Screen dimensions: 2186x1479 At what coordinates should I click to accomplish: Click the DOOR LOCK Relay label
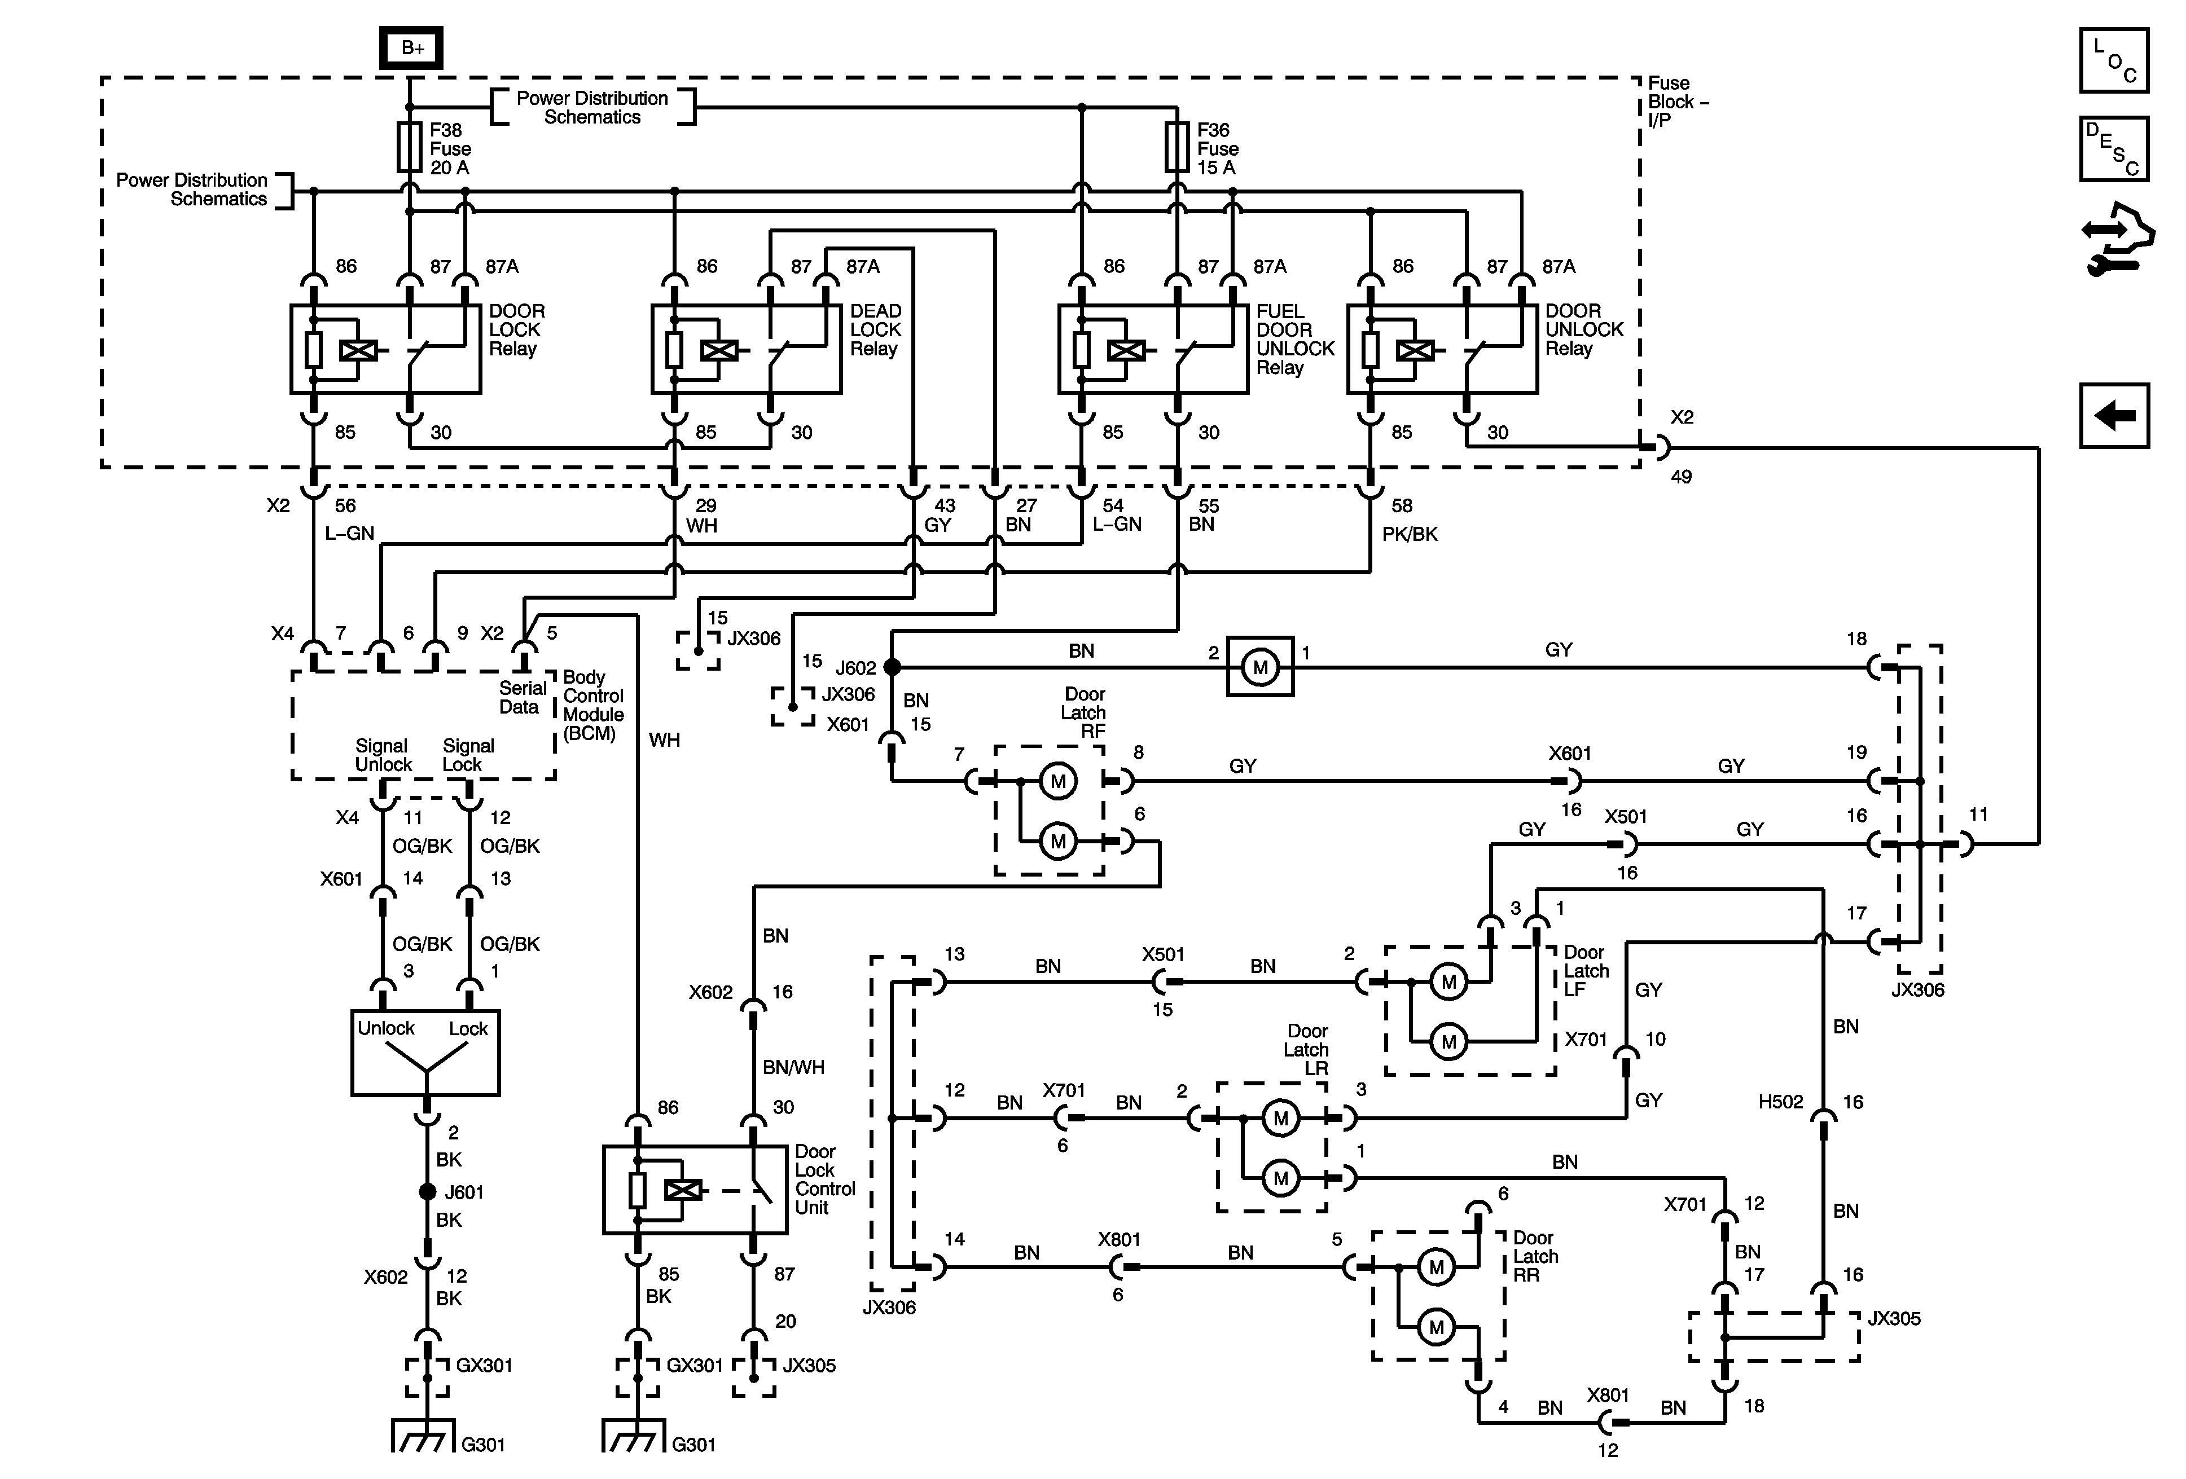pyautogui.click(x=516, y=330)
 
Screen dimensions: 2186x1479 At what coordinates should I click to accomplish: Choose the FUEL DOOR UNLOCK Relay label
pyautogui.click(x=1295, y=340)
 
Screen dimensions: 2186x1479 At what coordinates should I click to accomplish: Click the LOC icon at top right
pyautogui.click(x=2114, y=61)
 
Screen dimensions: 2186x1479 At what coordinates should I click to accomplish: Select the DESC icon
pyautogui.click(x=2114, y=148)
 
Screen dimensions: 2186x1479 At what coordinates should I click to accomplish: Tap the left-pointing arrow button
pyautogui.click(x=2114, y=415)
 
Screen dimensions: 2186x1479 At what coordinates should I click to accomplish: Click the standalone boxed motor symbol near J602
pyautogui.click(x=1261, y=667)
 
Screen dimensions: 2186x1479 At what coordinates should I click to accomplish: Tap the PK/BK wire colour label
pyautogui.click(x=1409, y=534)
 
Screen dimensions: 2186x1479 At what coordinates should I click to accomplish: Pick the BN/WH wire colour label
pyautogui.click(x=793, y=1067)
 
